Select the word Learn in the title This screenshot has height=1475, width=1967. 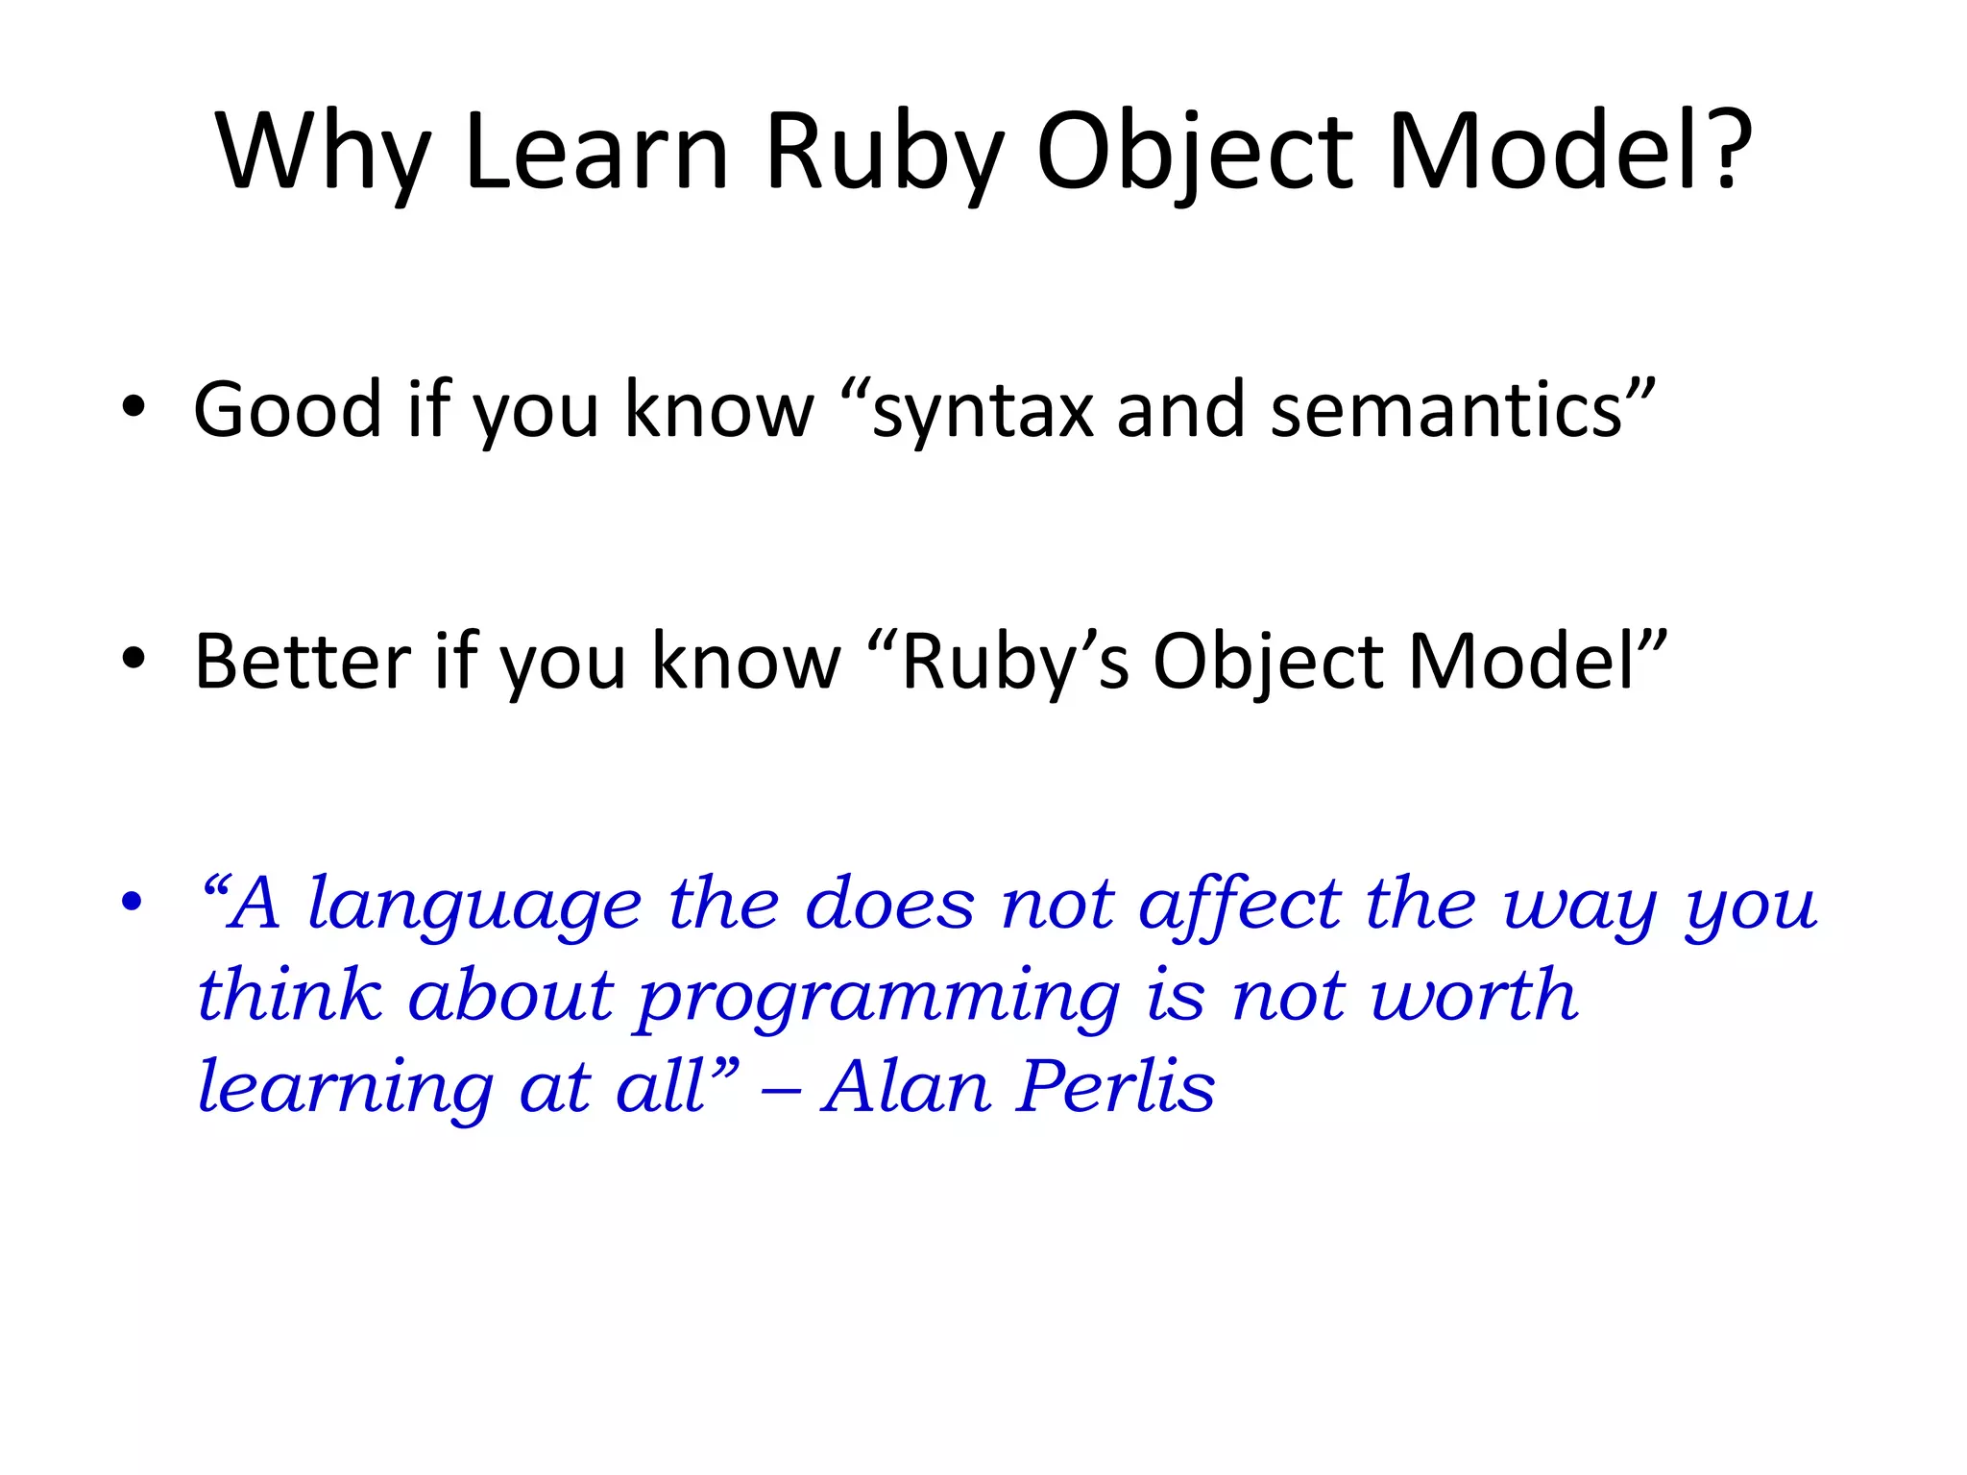coord(595,152)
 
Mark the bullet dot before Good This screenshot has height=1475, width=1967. coord(134,407)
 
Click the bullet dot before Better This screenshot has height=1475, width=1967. coord(134,659)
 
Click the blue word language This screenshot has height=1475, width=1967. coord(474,907)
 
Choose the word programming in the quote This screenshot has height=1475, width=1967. coord(879,999)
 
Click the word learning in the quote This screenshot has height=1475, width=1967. coord(346,1090)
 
